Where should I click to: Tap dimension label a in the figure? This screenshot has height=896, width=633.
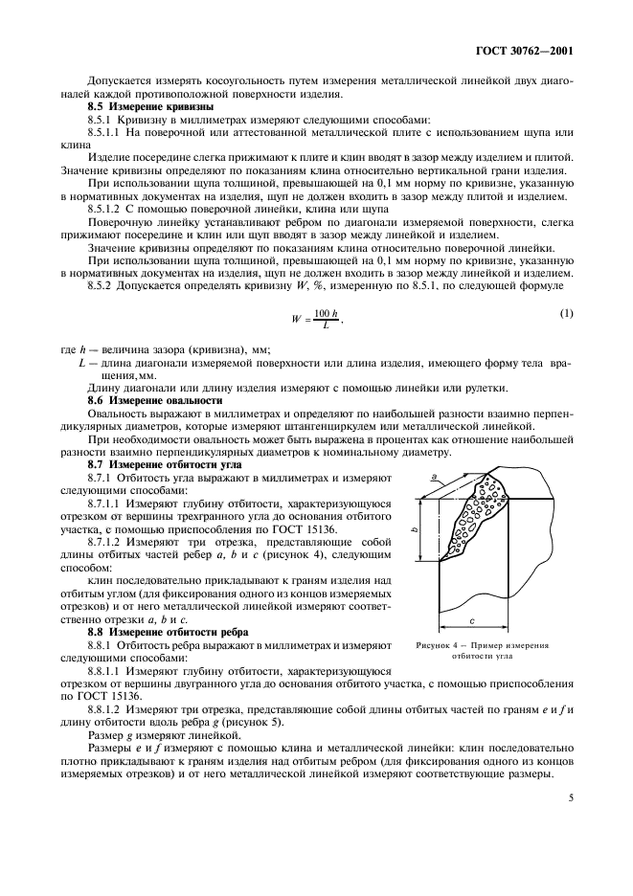tap(435, 476)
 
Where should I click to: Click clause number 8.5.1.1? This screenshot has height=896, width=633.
tap(107, 133)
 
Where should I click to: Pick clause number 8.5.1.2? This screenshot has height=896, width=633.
tap(107, 208)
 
